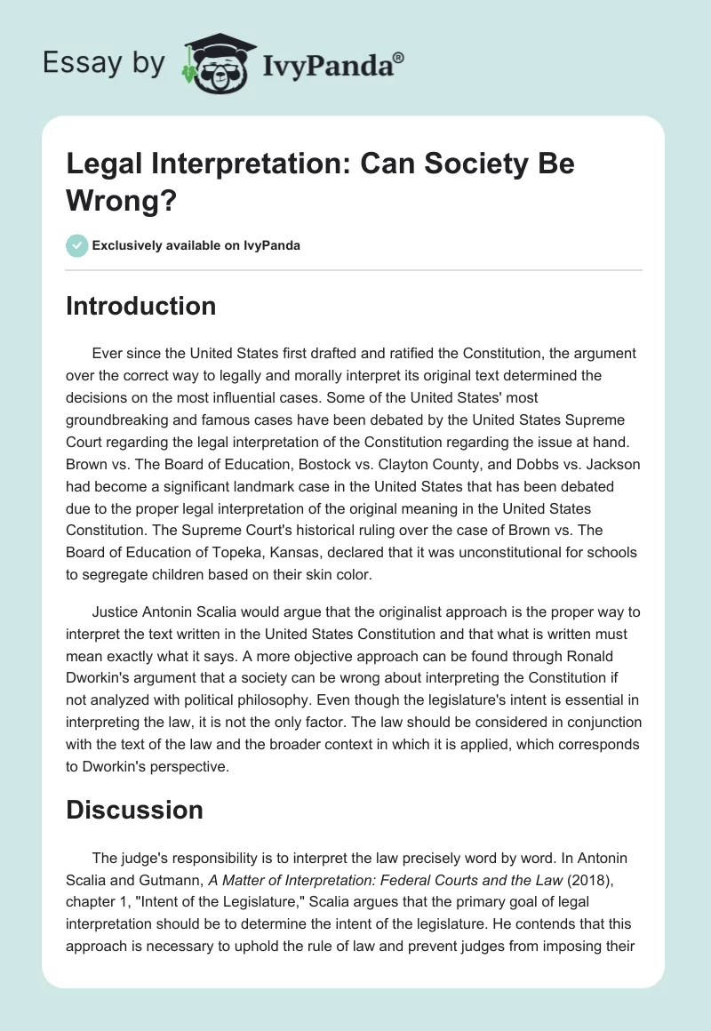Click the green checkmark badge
(77, 245)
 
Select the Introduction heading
(141, 306)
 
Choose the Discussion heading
(135, 810)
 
